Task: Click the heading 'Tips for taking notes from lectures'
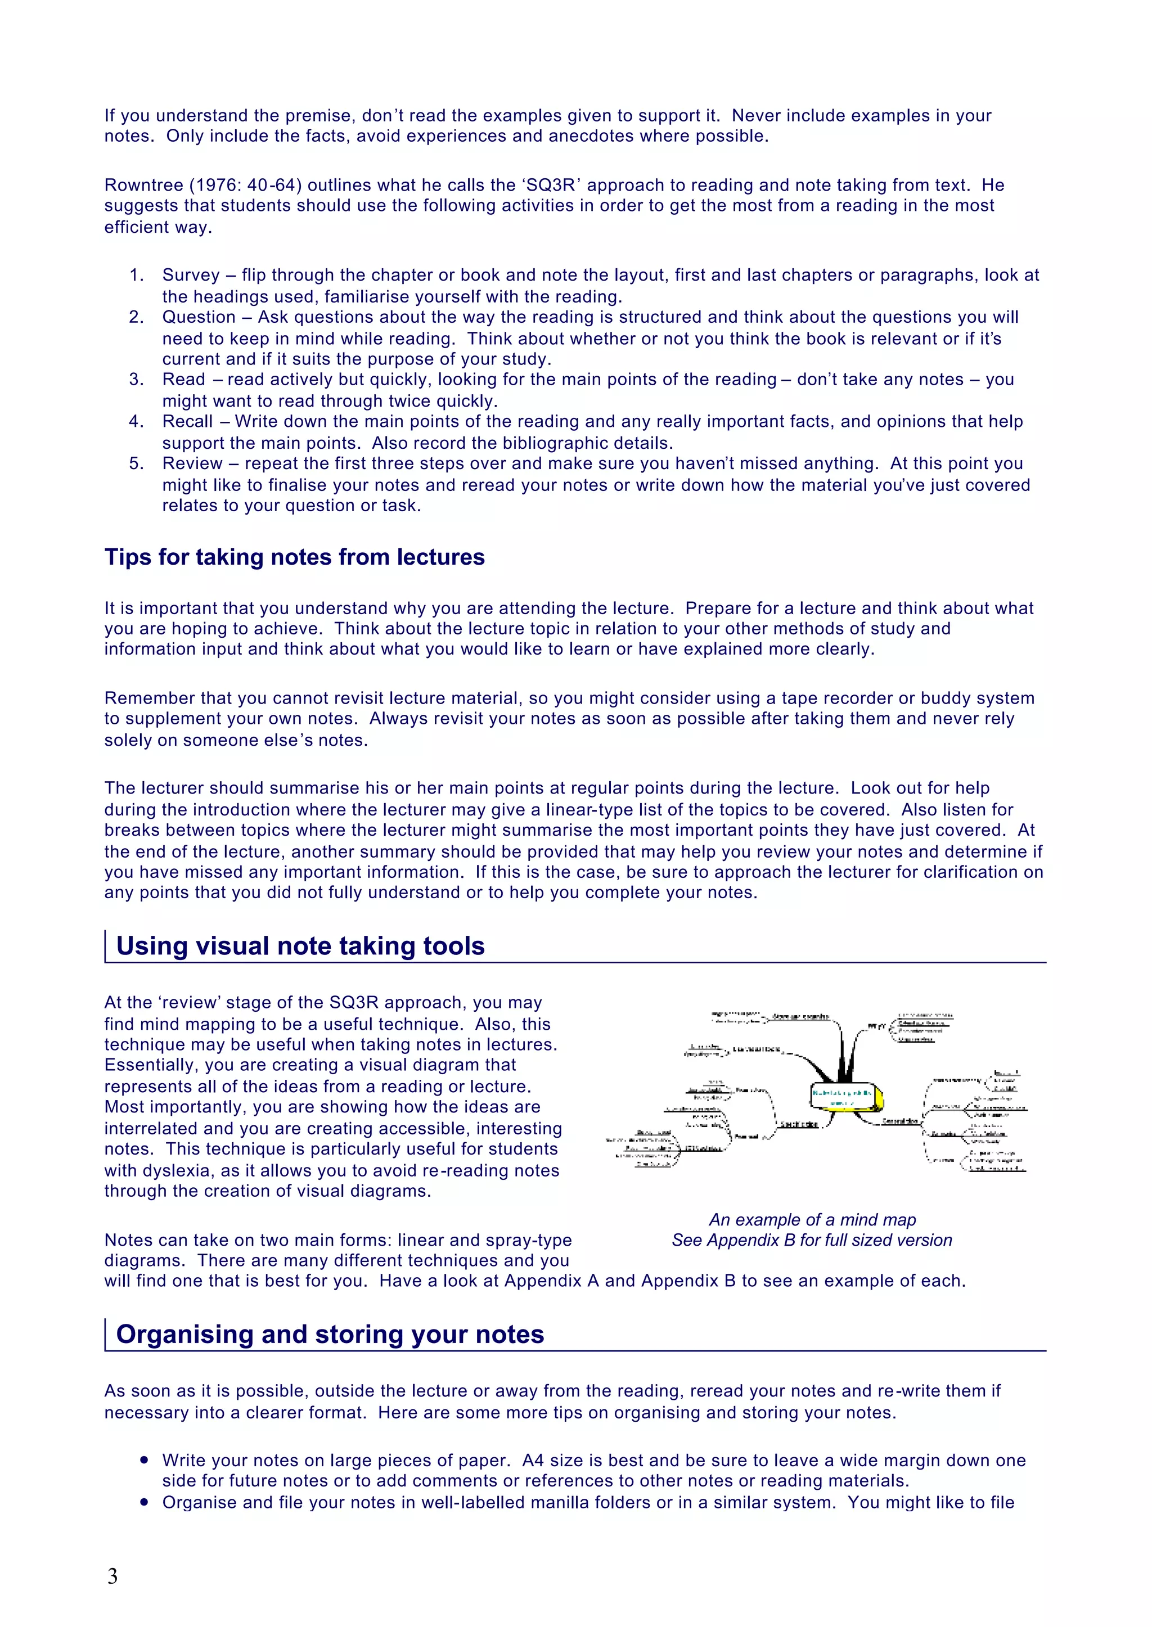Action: pos(294,557)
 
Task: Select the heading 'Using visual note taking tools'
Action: pos(300,946)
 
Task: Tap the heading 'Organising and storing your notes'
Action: pos(330,1334)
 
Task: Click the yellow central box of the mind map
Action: pos(845,1098)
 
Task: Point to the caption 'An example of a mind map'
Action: pos(812,1220)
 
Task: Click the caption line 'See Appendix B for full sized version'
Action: pos(812,1241)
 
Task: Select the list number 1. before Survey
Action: pos(136,275)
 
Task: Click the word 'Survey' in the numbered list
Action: pos(191,275)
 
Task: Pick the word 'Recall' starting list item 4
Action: pos(187,421)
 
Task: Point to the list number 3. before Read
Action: pos(136,380)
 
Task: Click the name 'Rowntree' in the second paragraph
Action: pos(143,185)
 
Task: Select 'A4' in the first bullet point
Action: pos(533,1461)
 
